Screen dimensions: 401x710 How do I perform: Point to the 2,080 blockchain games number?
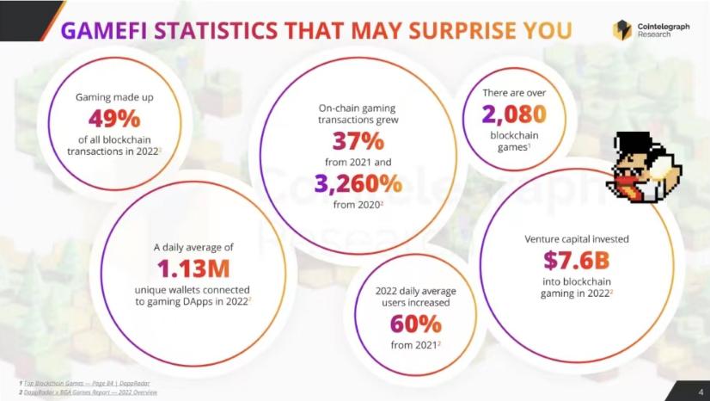pyautogui.click(x=513, y=114)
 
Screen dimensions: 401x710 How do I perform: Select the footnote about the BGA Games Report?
pyautogui.click(x=87, y=392)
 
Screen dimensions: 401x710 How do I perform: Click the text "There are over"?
pyautogui.click(x=513, y=91)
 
